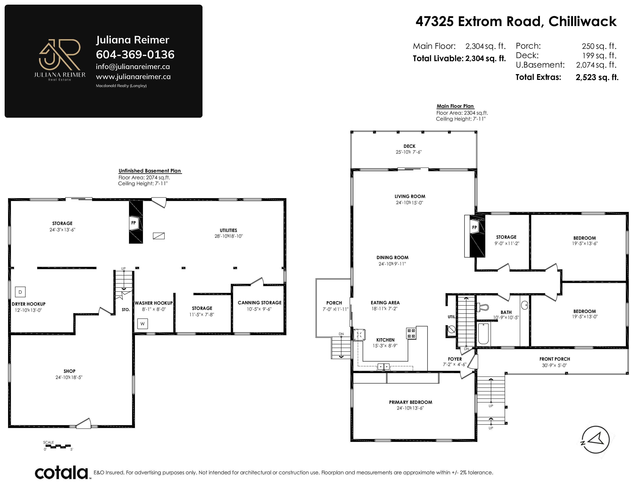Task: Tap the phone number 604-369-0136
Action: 135,54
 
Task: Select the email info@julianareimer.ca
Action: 133,67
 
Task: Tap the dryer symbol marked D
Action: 20,292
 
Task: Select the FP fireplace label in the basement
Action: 134,223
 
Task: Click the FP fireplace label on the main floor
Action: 474,227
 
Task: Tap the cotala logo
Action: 62,473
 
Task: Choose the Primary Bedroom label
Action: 410,402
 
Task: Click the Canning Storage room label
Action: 260,303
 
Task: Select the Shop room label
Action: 69,371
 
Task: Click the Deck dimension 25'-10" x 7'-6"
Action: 409,152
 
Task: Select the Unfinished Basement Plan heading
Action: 150,171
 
